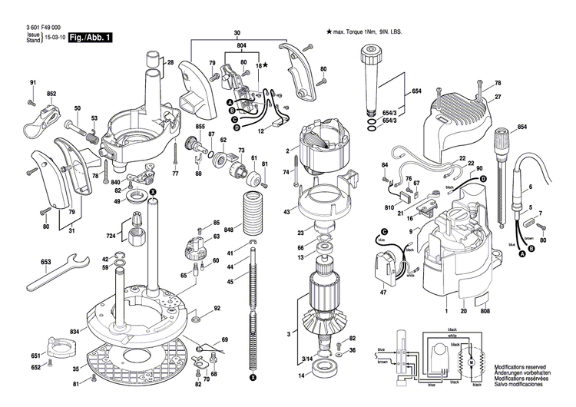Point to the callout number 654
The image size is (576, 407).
click(416, 91)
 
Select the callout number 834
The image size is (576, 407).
click(74, 331)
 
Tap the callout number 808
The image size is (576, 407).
click(484, 312)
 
